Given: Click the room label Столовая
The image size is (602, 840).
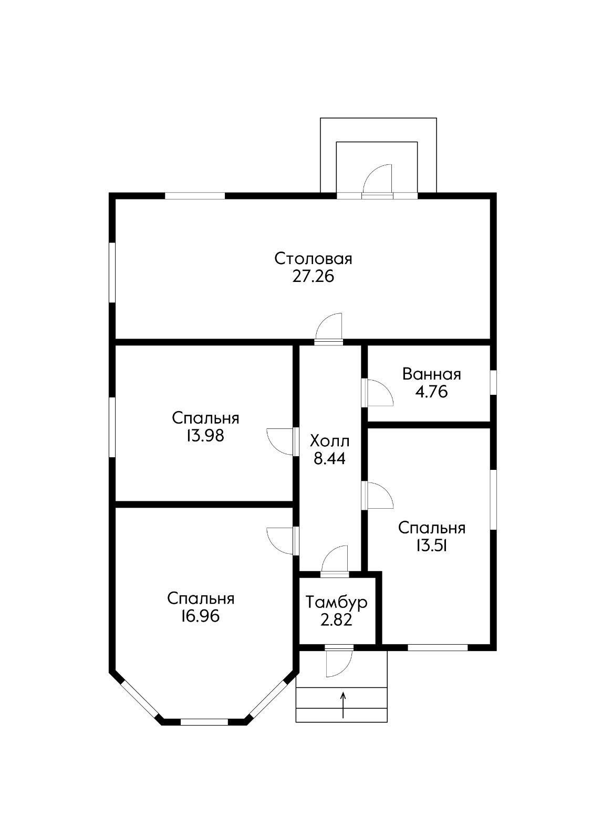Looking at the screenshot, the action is [x=313, y=259].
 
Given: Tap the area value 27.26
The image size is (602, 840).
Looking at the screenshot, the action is [x=313, y=277].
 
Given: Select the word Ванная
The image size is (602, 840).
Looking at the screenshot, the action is [x=431, y=374].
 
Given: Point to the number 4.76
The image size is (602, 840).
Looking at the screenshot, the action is [x=431, y=392].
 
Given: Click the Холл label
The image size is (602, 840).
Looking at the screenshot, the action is [x=329, y=441].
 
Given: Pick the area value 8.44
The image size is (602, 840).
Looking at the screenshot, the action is [x=329, y=459].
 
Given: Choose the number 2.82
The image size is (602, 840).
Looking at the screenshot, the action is [x=336, y=620].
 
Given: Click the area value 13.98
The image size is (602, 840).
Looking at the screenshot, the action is [x=205, y=436].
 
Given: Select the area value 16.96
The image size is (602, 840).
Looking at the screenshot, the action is [x=201, y=616].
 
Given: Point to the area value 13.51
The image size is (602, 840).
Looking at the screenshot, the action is [x=432, y=547].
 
